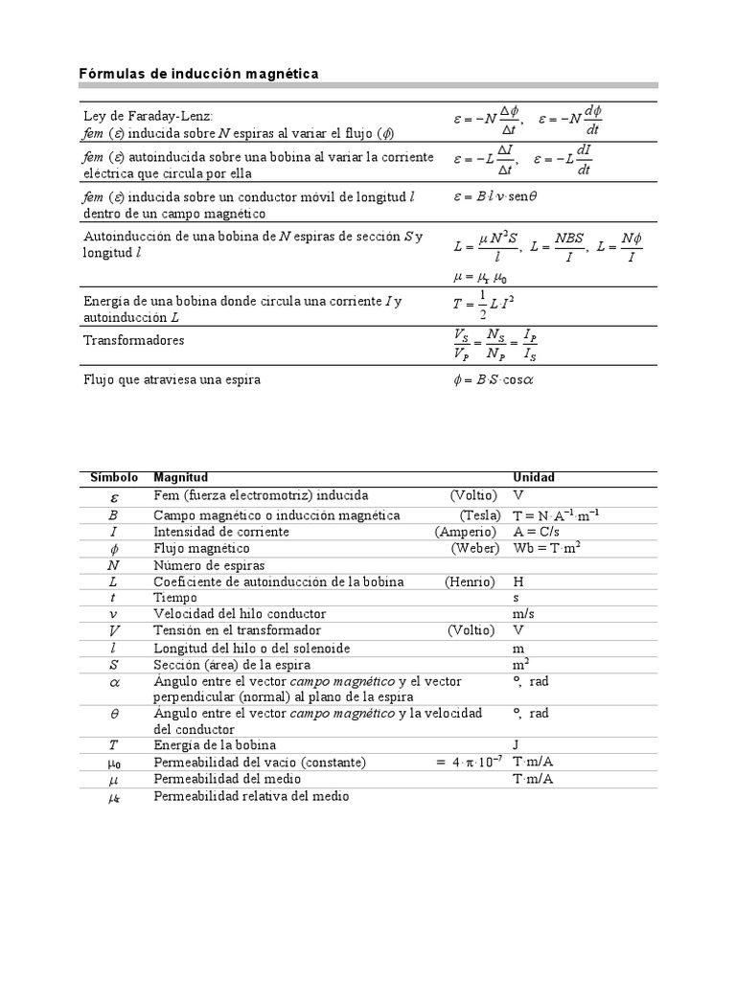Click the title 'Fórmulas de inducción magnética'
(197, 74)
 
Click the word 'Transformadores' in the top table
(133, 340)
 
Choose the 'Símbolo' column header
(114, 477)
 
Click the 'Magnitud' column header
(180, 477)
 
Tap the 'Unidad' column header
(534, 477)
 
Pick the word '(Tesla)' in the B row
(479, 515)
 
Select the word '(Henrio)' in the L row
(471, 582)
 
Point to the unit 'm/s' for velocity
(524, 614)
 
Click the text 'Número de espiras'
(209, 565)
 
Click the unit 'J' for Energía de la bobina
(517, 744)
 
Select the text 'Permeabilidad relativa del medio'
(251, 796)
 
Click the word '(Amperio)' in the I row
(466, 532)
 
